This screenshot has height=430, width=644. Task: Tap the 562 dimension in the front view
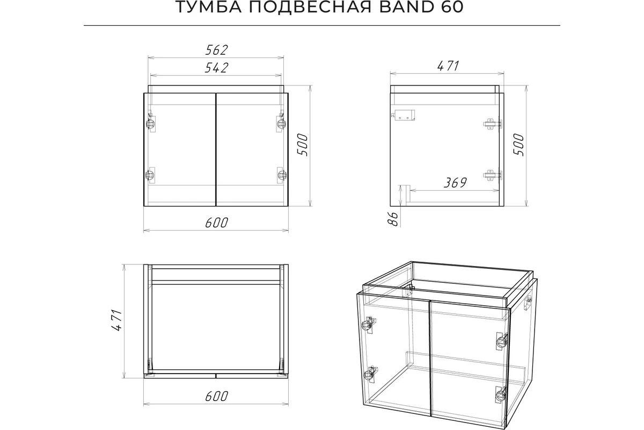216,50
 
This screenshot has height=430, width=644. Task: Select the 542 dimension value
216,68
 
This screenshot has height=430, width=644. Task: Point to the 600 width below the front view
216,223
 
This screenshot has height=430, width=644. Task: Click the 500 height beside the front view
302,145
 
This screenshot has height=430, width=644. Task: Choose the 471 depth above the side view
448,66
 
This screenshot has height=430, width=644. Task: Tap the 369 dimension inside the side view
455,183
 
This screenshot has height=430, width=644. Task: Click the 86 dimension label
393,219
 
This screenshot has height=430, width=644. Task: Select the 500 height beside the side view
518,145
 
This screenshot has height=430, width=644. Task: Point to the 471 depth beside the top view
116,320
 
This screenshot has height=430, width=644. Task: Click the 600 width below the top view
216,396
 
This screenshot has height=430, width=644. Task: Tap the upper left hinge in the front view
151,123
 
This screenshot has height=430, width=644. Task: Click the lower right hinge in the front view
281,175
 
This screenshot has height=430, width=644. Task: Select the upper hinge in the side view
492,124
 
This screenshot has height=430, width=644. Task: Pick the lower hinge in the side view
492,175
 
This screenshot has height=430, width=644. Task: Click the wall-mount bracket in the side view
403,114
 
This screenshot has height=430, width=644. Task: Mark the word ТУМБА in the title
209,6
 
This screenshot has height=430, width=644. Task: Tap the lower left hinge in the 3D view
370,375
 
